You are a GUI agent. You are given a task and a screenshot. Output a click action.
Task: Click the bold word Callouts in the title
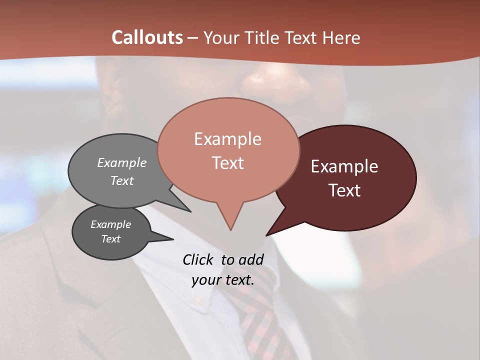[147, 37]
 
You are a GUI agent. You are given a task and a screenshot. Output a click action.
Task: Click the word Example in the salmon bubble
[227, 139]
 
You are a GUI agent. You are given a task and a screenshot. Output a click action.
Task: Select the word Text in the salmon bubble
[227, 163]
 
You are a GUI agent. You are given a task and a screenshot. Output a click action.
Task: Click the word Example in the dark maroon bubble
[344, 166]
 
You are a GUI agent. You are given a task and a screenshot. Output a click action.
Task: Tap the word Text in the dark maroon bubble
[344, 190]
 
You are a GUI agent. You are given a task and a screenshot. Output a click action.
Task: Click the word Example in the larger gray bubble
[122, 163]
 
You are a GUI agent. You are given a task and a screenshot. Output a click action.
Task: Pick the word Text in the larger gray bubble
[122, 180]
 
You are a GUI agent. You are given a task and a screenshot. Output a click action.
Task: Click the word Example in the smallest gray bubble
[110, 224]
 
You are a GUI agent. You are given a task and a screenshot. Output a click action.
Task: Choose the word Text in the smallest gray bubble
[110, 239]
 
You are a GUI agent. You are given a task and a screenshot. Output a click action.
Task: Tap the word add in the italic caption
[251, 259]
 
